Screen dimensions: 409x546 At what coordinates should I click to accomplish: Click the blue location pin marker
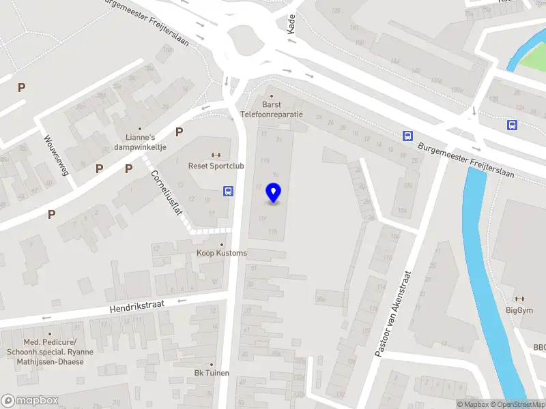point(274,193)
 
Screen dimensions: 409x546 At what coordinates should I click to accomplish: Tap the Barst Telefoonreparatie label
point(272,110)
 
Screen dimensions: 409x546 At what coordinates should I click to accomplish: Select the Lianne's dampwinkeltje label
point(140,141)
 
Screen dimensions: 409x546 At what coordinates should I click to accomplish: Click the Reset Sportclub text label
point(216,165)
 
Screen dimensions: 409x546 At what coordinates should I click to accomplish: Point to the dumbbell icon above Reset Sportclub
point(216,154)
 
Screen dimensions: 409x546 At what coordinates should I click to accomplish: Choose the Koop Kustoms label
point(221,253)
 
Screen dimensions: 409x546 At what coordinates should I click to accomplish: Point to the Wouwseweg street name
point(57,155)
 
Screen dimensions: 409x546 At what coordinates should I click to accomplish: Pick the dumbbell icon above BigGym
point(519,299)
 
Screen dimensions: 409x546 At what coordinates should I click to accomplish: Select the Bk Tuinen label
point(212,373)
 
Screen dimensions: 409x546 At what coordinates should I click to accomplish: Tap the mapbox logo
point(29,400)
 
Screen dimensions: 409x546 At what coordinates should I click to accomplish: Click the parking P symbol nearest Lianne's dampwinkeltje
point(179,132)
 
